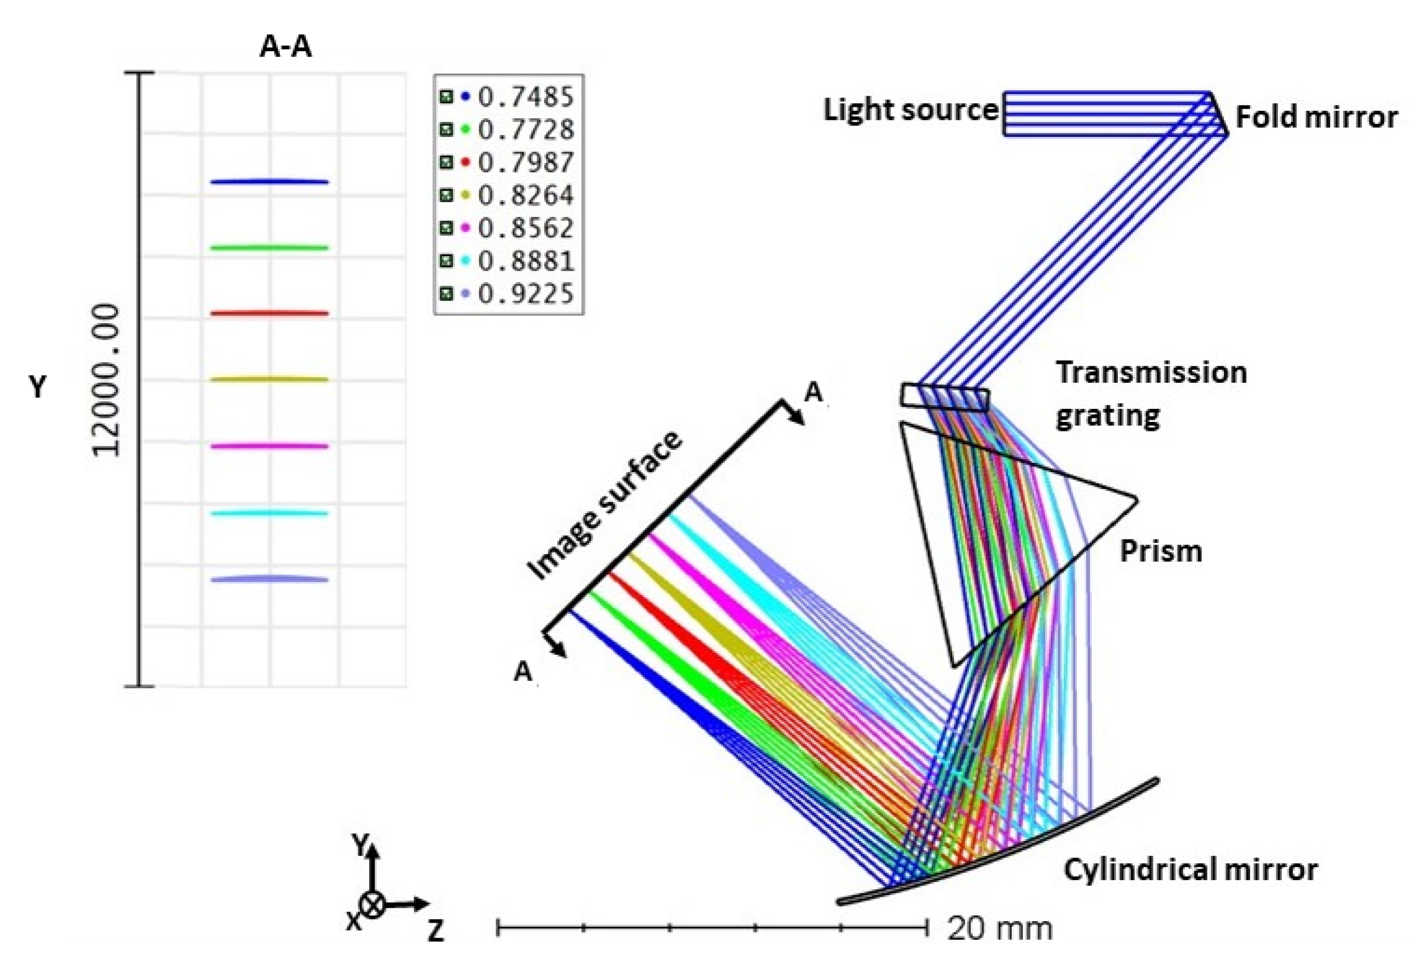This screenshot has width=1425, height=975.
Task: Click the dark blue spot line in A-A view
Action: tap(270, 182)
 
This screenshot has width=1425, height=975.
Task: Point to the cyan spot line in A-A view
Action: tap(270, 513)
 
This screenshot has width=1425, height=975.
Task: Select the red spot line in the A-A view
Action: tap(270, 313)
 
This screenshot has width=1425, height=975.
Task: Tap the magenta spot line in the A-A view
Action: tap(270, 446)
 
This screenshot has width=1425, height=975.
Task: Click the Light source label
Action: tap(910, 110)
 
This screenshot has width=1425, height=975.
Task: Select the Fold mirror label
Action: tap(1316, 116)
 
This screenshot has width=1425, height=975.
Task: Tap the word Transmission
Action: tap(1151, 372)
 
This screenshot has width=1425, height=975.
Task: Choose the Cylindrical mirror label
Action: tap(1190, 869)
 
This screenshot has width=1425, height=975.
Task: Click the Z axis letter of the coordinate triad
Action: tap(435, 931)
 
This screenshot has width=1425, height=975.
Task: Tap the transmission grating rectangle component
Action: tap(944, 397)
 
